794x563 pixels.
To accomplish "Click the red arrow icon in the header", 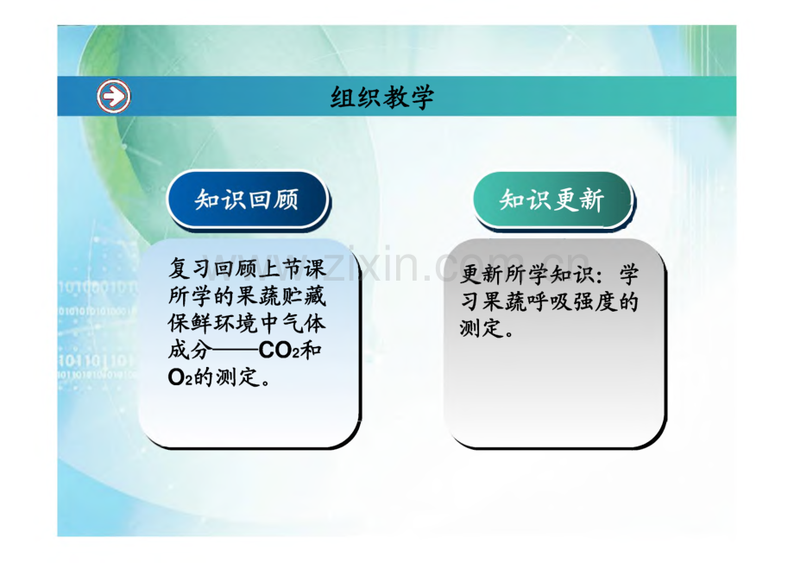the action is click(x=113, y=96).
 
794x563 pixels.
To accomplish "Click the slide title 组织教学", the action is click(x=382, y=97).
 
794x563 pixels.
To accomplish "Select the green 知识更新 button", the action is click(x=553, y=199).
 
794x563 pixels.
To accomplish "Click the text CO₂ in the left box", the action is click(x=279, y=351).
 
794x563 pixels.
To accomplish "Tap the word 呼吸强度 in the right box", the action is click(x=573, y=302).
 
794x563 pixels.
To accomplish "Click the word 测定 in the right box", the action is click(x=482, y=328).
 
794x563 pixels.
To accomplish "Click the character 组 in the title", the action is click(x=343, y=97).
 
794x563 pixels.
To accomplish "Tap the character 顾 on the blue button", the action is click(x=287, y=199).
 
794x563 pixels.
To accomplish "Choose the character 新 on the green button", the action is click(x=592, y=199).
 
